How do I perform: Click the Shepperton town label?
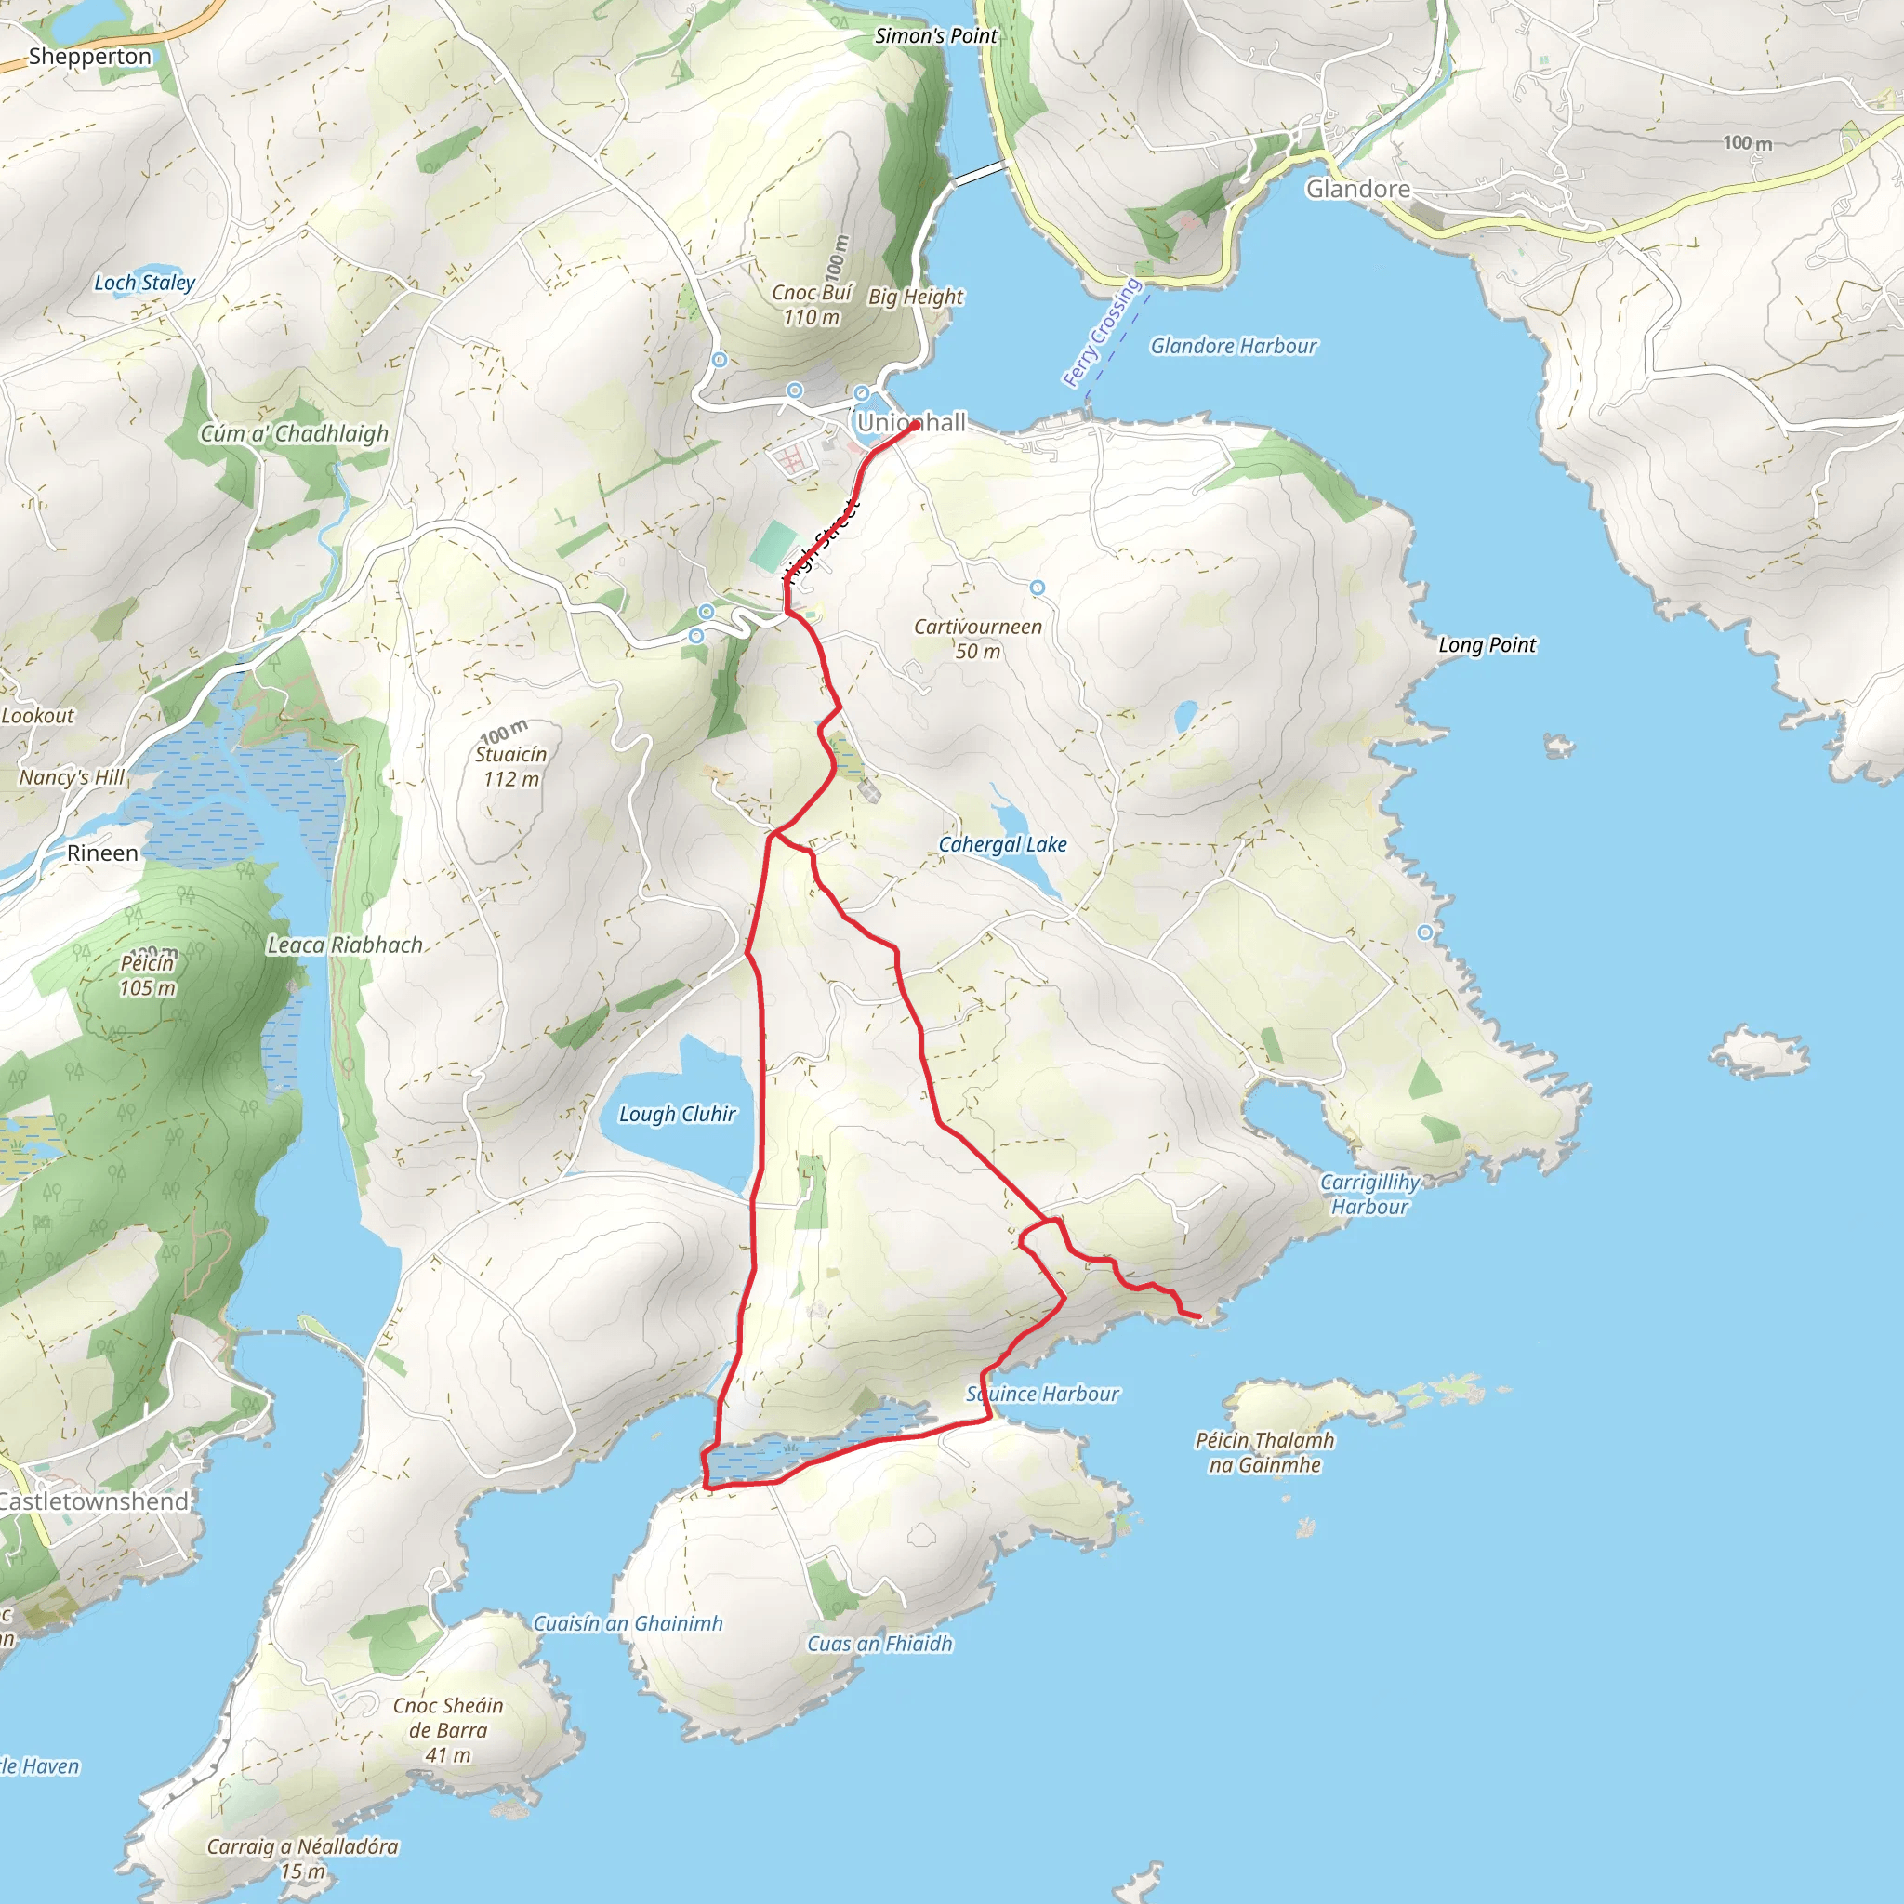tap(89, 56)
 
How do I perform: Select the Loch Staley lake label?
tap(144, 283)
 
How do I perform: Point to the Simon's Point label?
tap(935, 36)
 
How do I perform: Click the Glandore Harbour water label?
tap(1233, 346)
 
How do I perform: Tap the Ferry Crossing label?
tap(1102, 332)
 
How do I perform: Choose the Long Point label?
tap(1487, 644)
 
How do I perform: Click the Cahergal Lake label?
tap(1001, 844)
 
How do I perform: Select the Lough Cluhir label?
tap(677, 1114)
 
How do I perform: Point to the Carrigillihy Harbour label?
tap(1369, 1194)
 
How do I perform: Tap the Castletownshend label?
tap(94, 1501)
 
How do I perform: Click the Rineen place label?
tap(102, 853)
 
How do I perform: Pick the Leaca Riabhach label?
tap(345, 945)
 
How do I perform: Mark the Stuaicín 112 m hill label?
tap(510, 766)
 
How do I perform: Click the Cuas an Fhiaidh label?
tap(879, 1643)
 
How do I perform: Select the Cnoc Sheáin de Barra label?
tap(447, 1729)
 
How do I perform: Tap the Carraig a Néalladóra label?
tap(301, 1858)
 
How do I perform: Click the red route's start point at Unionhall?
tap(917, 425)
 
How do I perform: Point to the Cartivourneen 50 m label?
tap(978, 639)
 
